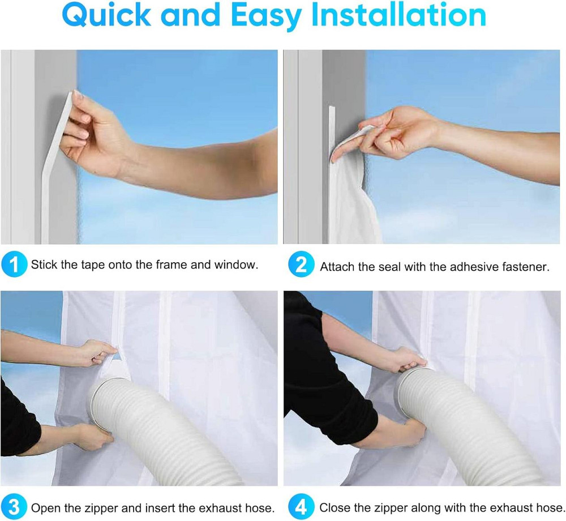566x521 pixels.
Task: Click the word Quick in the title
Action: point(106,15)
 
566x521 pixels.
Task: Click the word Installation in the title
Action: point(398,15)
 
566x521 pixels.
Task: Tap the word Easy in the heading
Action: point(265,16)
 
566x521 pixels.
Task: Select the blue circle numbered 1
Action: point(14,264)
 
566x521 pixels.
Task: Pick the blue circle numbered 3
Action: point(14,507)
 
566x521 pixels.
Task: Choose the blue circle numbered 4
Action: point(301,507)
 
